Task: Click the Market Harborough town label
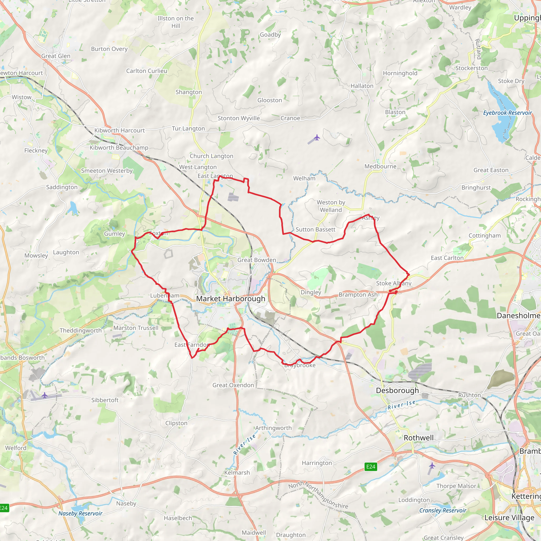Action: tap(230, 299)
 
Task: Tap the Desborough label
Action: tap(397, 390)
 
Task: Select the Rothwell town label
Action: tap(418, 438)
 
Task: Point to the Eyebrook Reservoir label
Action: tap(507, 113)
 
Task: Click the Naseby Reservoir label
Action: tap(80, 513)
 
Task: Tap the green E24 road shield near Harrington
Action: tap(370, 467)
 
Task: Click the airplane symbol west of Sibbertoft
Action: tap(45, 395)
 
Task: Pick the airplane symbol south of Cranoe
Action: tap(317, 137)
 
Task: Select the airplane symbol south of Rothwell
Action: tap(432, 465)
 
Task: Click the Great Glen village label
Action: tap(56, 56)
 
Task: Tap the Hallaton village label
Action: tap(362, 86)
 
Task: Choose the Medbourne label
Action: tap(380, 166)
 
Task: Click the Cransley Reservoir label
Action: tap(442, 510)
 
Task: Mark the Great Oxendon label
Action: tap(233, 385)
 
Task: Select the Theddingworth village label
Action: tap(81, 330)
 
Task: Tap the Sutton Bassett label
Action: tap(315, 229)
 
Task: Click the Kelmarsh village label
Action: tap(237, 473)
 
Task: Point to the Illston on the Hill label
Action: tap(176, 22)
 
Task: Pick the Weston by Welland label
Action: tap(331, 206)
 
